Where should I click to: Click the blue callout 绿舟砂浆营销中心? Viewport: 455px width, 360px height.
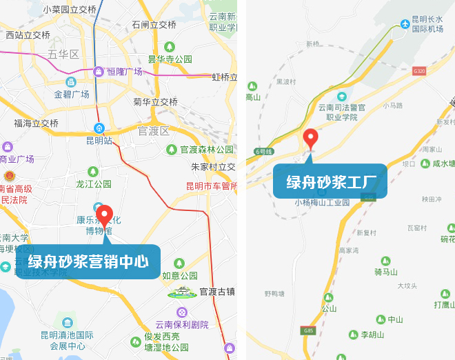[88, 262]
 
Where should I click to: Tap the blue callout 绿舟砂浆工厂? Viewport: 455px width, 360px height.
[330, 181]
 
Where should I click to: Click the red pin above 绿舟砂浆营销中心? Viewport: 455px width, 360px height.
[104, 215]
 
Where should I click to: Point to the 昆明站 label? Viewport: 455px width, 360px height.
[99, 141]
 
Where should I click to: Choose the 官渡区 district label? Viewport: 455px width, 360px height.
[154, 131]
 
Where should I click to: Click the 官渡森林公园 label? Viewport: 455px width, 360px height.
[207, 149]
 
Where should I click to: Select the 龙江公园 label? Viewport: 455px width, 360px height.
[94, 184]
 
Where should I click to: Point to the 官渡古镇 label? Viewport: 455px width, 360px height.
[217, 291]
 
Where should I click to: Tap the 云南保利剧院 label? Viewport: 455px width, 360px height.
[181, 325]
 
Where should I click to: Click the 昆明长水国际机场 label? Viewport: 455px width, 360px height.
[427, 24]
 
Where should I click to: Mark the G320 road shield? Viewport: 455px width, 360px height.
[419, 71]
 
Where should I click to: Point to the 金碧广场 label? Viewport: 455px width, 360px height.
[72, 94]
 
